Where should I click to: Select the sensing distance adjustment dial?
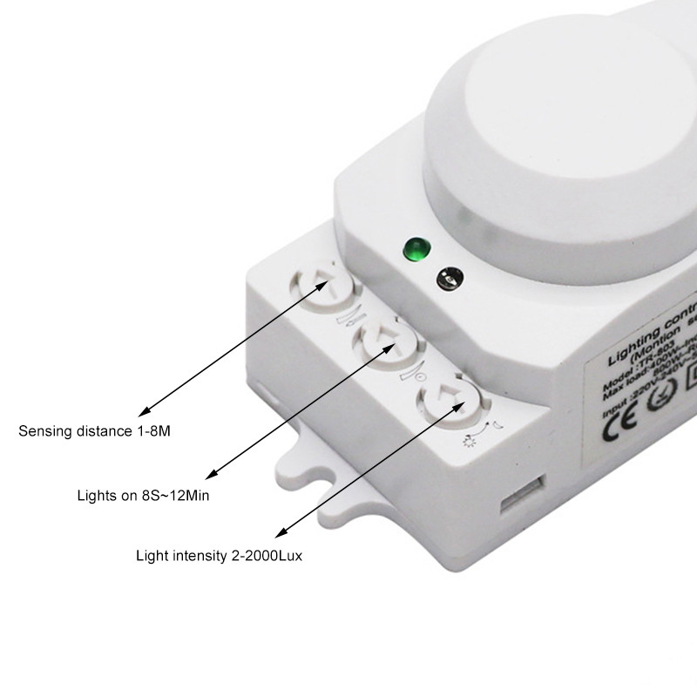coord(318,286)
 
